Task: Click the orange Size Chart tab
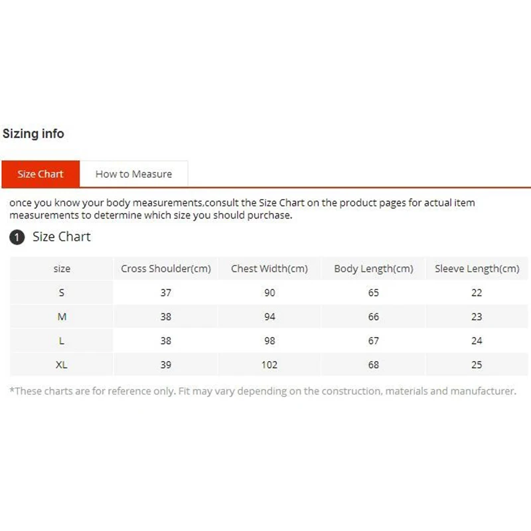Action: [40, 174]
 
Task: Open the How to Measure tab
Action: [133, 174]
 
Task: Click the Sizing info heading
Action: [33, 133]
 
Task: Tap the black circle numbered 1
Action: [17, 238]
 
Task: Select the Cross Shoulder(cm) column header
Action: [166, 269]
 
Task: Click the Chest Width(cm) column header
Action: [269, 269]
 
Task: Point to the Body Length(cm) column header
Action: [374, 269]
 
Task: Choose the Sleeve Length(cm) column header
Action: [477, 269]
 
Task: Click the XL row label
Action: [62, 364]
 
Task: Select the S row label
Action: [62, 293]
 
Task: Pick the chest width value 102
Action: [269, 364]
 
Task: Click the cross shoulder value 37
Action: [166, 293]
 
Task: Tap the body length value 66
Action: [374, 317]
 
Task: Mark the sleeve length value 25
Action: [477, 364]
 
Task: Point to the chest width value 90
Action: [269, 293]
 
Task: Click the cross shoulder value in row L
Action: [166, 341]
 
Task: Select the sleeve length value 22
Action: [477, 293]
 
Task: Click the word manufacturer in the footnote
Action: [483, 391]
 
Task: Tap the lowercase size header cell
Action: [62, 269]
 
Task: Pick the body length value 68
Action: [374, 364]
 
